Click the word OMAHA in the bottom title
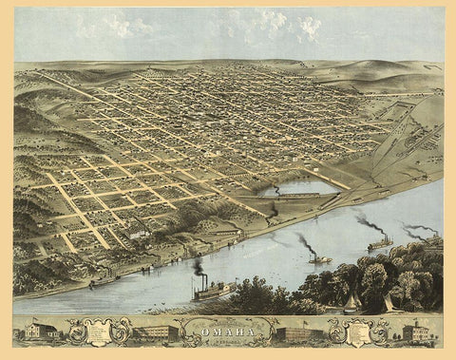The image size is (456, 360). click(x=226, y=331)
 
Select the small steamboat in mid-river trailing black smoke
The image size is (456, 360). click(x=319, y=258)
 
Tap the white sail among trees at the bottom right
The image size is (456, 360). click(x=389, y=303)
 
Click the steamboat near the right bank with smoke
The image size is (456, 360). click(x=380, y=245)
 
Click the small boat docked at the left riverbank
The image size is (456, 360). click(x=100, y=281)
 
